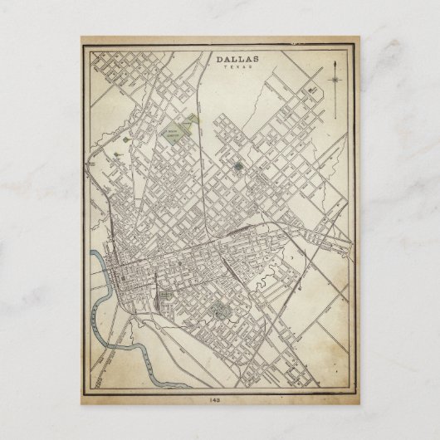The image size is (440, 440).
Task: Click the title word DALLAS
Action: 237,60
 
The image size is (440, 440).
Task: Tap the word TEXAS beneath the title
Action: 237,68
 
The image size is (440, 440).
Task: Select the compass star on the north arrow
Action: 335,80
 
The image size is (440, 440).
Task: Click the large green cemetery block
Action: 175,133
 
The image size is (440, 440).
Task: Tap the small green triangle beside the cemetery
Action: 193,121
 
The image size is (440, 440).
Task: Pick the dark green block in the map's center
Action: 238,166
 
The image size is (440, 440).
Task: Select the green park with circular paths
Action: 221,310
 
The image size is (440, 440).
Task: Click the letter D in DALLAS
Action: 219,60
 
